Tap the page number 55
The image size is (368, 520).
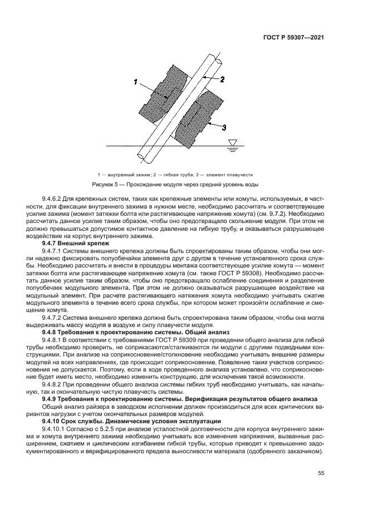click(320, 473)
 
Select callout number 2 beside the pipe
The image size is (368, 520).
click(222, 80)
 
